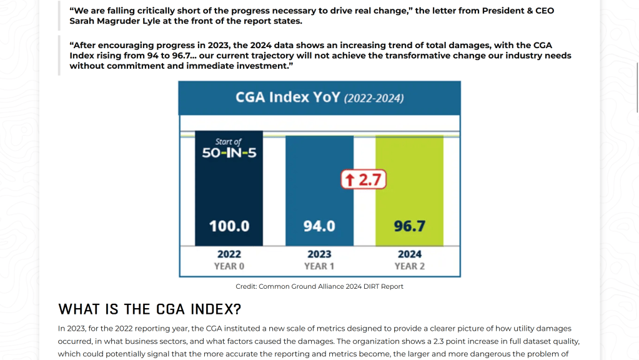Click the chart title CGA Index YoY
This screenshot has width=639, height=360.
click(288, 97)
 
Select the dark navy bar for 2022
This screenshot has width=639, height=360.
click(229, 188)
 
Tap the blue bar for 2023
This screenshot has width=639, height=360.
click(320, 191)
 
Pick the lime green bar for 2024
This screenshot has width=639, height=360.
click(410, 191)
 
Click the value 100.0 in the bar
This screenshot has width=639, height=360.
click(229, 226)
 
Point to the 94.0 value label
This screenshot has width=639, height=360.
click(320, 226)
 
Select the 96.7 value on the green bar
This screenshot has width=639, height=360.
click(410, 226)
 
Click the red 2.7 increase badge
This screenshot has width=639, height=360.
click(364, 179)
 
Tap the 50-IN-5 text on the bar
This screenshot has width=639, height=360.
click(229, 153)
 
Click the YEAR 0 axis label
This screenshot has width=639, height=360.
click(229, 266)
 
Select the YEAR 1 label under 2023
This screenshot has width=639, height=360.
click(319, 266)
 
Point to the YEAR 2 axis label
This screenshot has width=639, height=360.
click(410, 266)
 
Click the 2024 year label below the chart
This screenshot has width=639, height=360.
click(410, 254)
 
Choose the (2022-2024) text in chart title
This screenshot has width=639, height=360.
click(374, 98)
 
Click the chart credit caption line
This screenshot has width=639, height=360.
click(320, 287)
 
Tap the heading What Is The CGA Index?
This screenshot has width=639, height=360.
click(149, 309)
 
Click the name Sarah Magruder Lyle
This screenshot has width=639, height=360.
click(115, 21)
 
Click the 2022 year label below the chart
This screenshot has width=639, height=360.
click(229, 254)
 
